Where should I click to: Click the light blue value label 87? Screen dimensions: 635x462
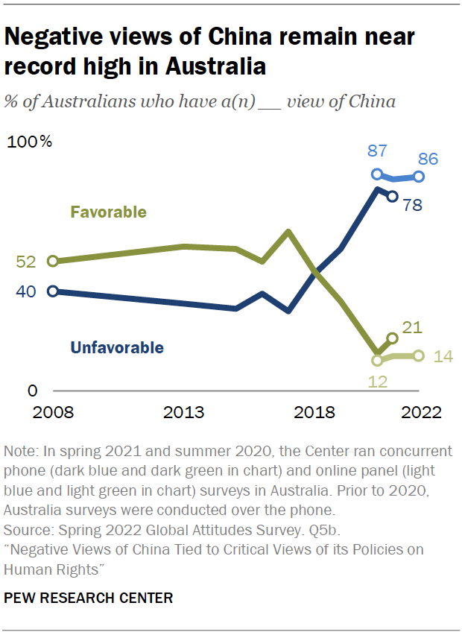click(377, 151)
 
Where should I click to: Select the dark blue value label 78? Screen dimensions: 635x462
click(414, 205)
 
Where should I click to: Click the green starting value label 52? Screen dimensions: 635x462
click(25, 262)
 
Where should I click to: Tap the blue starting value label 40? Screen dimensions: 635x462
click(25, 291)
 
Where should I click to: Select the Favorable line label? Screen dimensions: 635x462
click(108, 212)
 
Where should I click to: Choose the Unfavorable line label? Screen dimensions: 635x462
click(117, 347)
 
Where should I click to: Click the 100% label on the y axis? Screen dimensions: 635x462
click(29, 142)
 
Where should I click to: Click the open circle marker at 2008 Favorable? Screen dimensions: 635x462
click(53, 261)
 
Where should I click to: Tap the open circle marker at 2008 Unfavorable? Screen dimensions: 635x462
click(53, 291)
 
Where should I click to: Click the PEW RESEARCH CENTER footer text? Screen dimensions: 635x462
click(89, 598)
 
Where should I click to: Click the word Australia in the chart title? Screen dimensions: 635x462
click(216, 66)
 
